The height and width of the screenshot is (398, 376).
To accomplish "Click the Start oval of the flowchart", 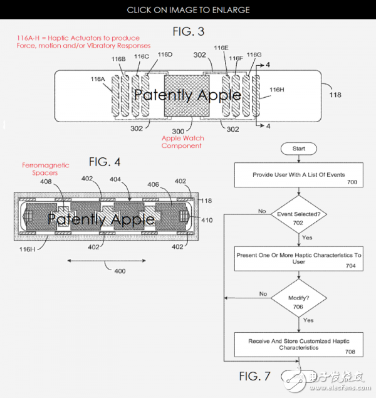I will [298, 148].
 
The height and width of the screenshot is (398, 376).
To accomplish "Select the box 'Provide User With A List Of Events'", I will [298, 175].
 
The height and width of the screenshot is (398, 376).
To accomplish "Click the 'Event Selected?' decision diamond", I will [298, 214].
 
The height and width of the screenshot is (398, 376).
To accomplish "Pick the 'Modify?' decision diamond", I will [298, 299].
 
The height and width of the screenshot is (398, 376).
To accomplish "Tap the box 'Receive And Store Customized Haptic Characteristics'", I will [298, 344].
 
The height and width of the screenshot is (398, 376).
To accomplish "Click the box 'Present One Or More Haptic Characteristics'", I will [298, 258].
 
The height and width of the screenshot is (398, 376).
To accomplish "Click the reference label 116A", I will [98, 80].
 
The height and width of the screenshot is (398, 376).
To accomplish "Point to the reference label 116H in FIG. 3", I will [277, 90].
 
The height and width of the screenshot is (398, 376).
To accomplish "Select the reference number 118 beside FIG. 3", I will [336, 96].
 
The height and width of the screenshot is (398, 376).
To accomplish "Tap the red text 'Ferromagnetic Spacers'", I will [46, 169].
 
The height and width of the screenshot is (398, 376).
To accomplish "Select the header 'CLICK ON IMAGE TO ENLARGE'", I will [188, 10].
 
